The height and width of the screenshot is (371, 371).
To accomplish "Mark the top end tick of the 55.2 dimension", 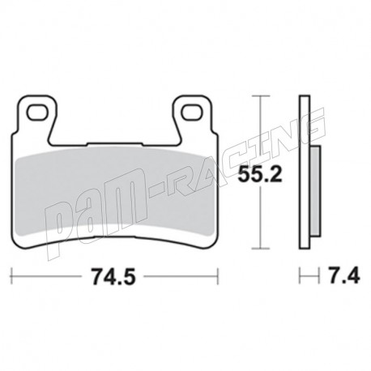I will point(259,96).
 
